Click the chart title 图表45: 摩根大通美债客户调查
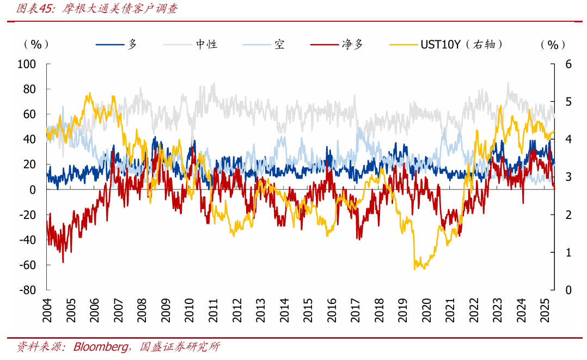(x=97, y=9)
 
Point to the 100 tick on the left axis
(x=27, y=64)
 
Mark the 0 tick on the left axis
(x=33, y=190)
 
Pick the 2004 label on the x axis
(x=47, y=310)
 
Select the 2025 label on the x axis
(x=545, y=310)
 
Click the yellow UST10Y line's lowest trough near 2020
(x=416, y=269)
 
